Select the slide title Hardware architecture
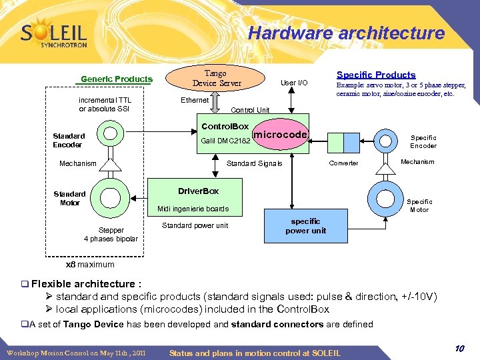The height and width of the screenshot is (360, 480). [346, 33]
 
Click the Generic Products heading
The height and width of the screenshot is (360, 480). [117, 79]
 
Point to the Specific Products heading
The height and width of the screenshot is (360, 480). [376, 75]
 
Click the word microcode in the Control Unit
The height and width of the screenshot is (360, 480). [281, 135]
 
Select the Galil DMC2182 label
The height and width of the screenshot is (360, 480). [225, 141]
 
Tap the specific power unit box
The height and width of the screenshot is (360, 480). [306, 226]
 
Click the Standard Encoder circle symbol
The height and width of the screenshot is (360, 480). [111, 135]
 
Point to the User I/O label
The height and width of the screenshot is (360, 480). [294, 83]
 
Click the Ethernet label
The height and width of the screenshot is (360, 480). [195, 100]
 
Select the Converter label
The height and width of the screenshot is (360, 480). [344, 163]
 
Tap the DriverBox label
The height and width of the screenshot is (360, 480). [198, 191]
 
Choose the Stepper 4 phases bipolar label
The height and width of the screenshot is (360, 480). [111, 234]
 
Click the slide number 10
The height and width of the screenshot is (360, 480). [460, 349]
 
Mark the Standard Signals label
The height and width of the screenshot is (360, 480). [255, 163]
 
